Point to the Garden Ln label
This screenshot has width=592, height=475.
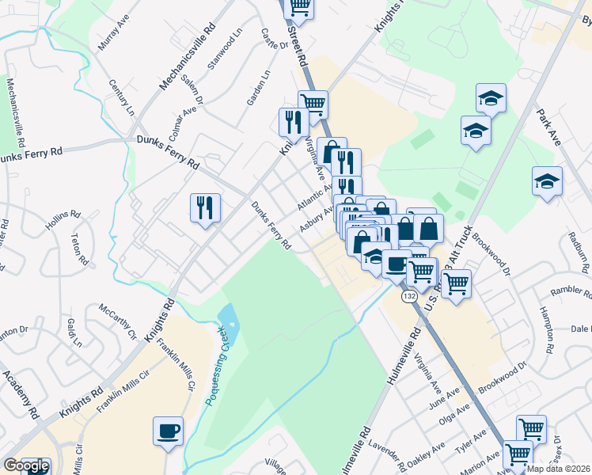259,88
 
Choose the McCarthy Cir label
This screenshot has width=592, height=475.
119,320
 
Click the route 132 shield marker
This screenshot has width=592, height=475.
408,295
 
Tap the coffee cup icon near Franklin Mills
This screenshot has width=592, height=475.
169,431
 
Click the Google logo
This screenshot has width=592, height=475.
25,465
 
